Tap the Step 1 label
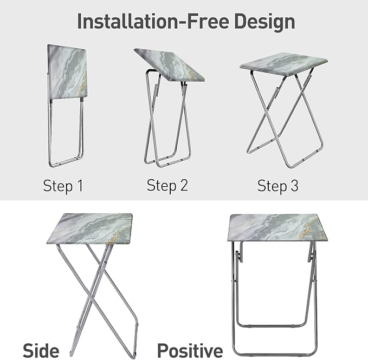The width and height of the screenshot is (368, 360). point(63,186)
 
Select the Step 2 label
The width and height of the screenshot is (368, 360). point(167,186)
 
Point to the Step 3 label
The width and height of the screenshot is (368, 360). point(277,186)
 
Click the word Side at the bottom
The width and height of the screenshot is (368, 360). point(41,350)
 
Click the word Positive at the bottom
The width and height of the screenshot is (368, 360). point(190,350)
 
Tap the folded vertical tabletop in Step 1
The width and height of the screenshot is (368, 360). point(67,72)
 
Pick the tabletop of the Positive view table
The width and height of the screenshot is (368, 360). point(276,227)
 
